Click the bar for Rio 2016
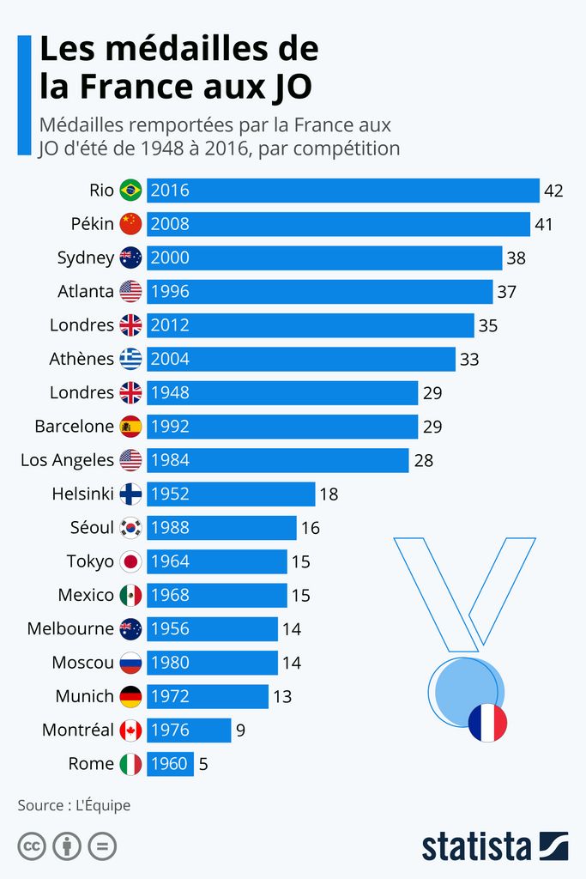click(x=343, y=191)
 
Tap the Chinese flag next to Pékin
click(x=130, y=224)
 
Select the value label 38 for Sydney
click(x=516, y=258)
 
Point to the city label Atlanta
click(x=86, y=291)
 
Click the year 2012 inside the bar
click(x=170, y=325)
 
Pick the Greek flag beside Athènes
click(x=130, y=359)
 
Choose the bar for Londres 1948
click(x=282, y=392)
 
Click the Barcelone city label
click(x=74, y=426)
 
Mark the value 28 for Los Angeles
click(x=424, y=460)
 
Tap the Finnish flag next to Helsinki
click(x=130, y=494)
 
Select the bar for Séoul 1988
click(x=221, y=527)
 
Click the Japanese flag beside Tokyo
click(x=130, y=561)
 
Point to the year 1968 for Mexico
click(x=170, y=595)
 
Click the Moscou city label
click(x=82, y=663)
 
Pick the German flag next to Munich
click(x=130, y=696)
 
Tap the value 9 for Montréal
click(x=241, y=730)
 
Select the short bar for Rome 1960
click(x=170, y=763)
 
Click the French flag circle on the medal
click(x=487, y=723)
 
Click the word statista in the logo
click(x=477, y=846)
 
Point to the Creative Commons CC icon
click(x=32, y=846)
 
